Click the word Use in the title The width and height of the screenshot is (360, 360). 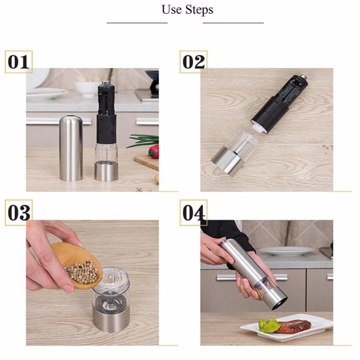coord(172,10)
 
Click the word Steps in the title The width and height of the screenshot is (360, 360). coord(199,10)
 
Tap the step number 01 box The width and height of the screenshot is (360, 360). coord(19,62)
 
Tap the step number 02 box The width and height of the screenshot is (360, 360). coord(194,62)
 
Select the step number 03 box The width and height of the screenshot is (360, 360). coord(19,213)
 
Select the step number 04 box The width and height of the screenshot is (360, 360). coord(194,213)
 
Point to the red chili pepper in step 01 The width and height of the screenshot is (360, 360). coord(154,151)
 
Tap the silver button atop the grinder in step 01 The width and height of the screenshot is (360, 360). coord(106,82)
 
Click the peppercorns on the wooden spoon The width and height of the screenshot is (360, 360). coord(81,272)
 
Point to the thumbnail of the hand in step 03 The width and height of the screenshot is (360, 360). coord(68,289)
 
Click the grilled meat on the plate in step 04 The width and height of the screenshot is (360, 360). coord(293,327)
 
